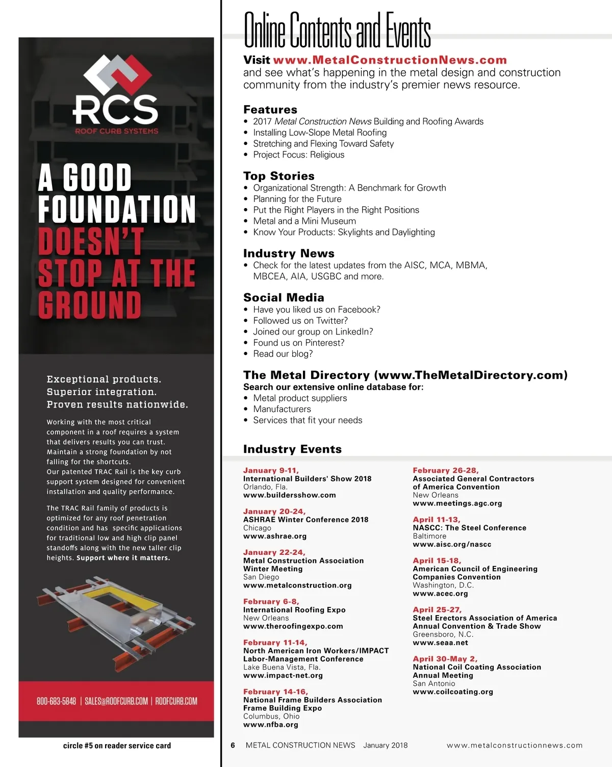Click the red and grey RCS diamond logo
pyautogui.click(x=116, y=76)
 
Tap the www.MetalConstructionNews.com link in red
pyautogui.click(x=390, y=60)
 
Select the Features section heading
pyautogui.click(x=270, y=110)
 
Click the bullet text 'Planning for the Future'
pyautogui.click(x=297, y=199)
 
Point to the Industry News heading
pyautogui.click(x=289, y=253)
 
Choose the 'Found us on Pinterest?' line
pyautogui.click(x=298, y=343)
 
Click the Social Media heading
pyautogui.click(x=284, y=297)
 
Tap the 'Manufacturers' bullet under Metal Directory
pyautogui.click(x=282, y=409)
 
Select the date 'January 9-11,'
pyautogui.click(x=271, y=470)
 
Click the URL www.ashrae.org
pyautogui.click(x=274, y=536)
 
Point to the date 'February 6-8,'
pyautogui.click(x=271, y=601)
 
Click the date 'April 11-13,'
pyautogui.click(x=436, y=519)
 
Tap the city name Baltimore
pyautogui.click(x=429, y=536)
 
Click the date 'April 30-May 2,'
pyautogui.click(x=445, y=658)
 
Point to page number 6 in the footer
pyautogui.click(x=233, y=745)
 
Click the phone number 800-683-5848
pyautogui.click(x=56, y=701)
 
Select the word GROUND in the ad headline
pyautogui.click(x=90, y=305)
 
